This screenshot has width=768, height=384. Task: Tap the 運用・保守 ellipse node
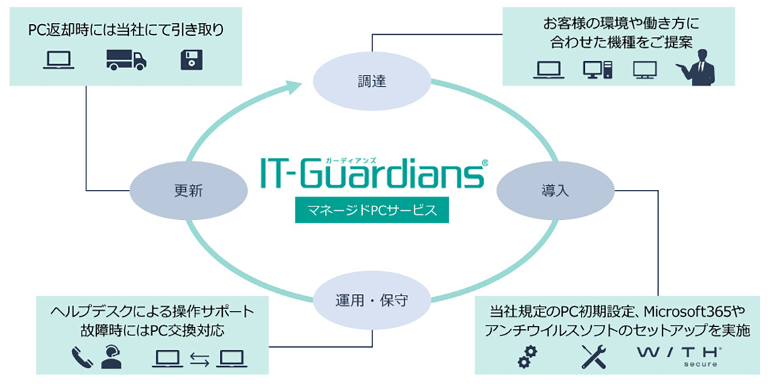[373, 300]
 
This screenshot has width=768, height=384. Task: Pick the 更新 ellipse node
[188, 191]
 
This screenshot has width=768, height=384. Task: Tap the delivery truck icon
[126, 60]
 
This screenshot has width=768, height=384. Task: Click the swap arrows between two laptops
[198, 358]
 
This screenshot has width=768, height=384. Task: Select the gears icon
[527, 355]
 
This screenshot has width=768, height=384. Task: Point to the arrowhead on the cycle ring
[293, 86]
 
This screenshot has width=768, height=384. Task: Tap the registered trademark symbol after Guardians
[485, 163]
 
